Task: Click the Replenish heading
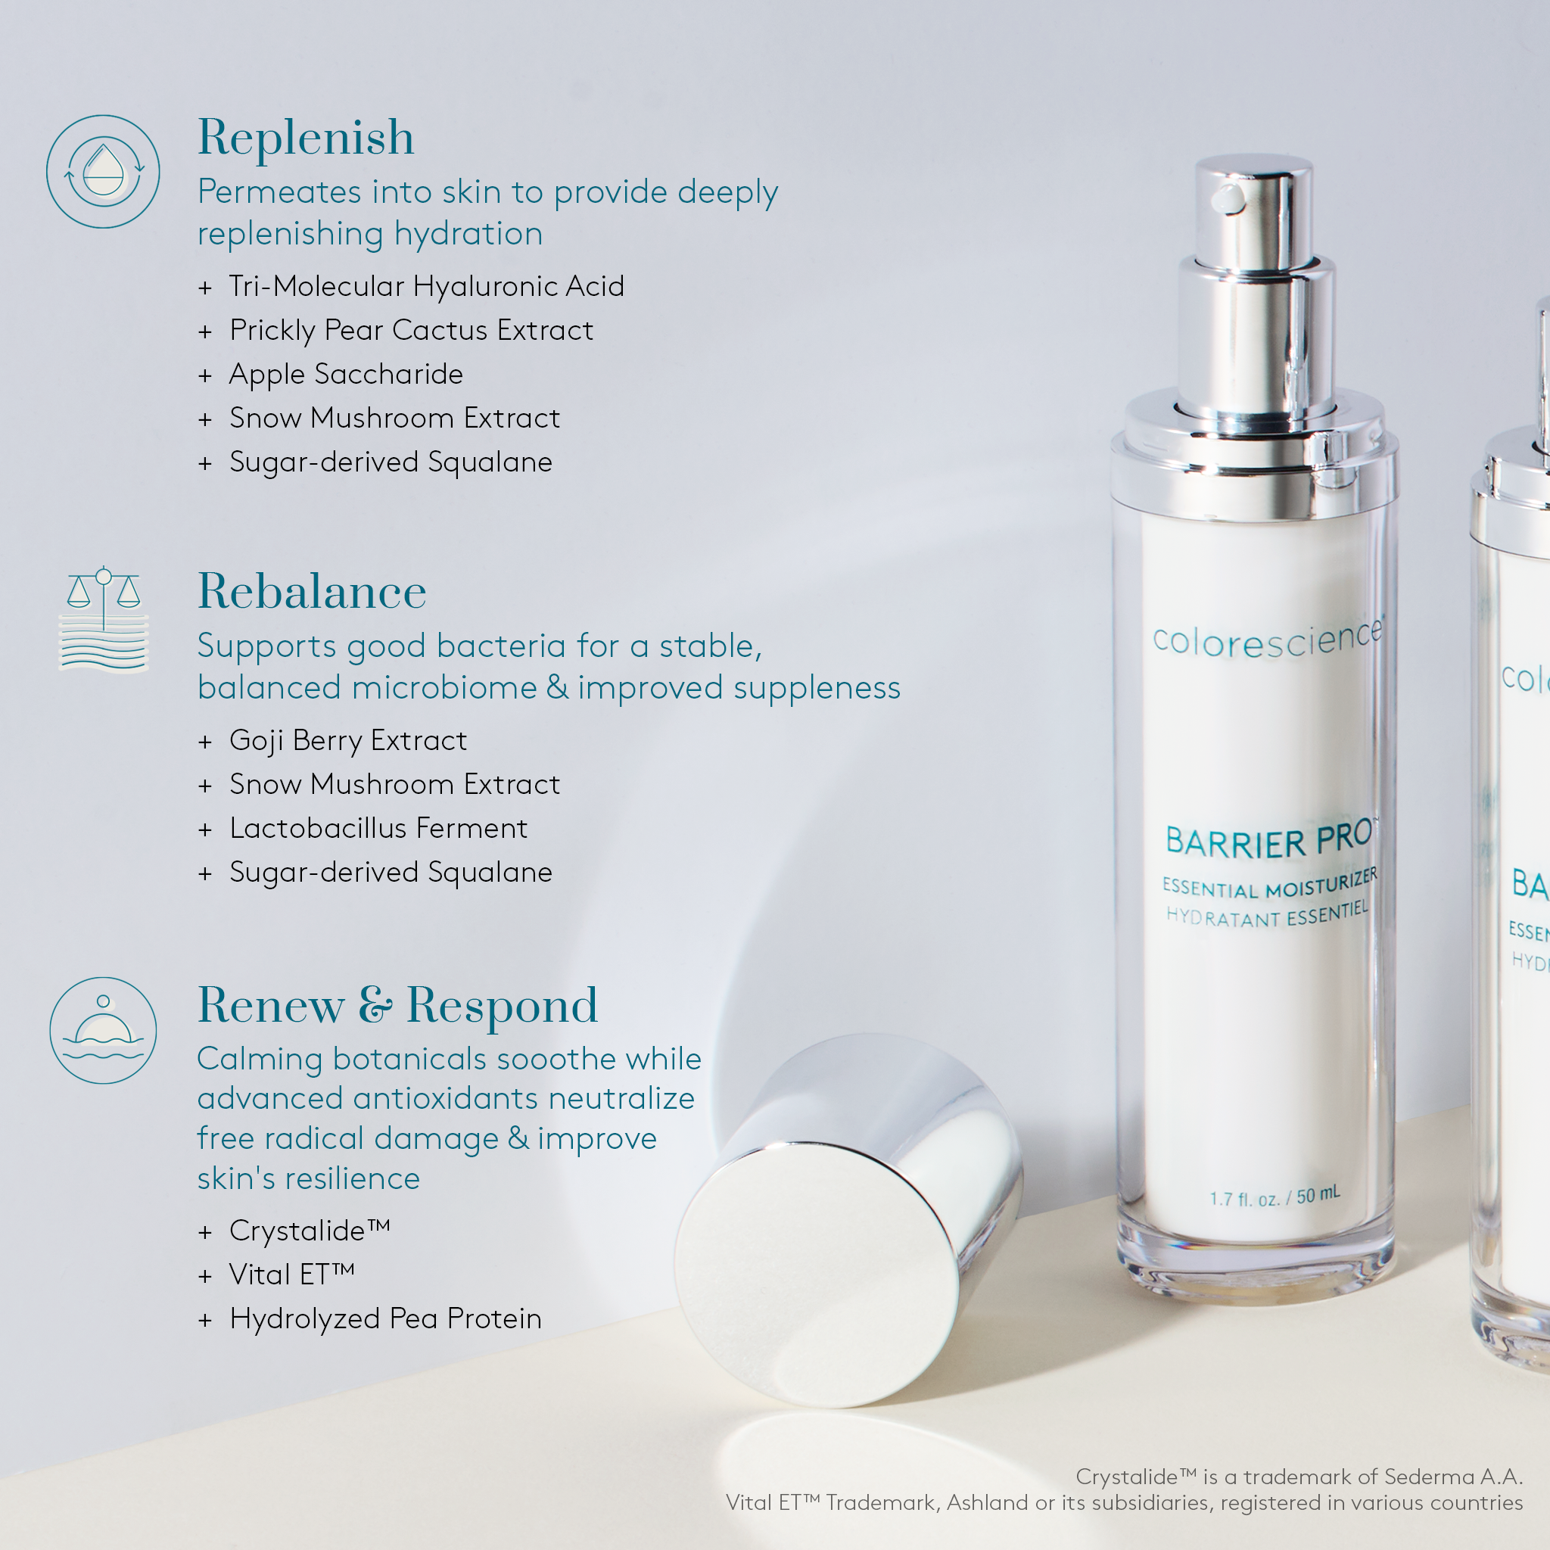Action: click(x=306, y=137)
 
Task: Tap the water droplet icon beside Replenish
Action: click(x=104, y=171)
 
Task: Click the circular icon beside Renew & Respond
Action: click(x=104, y=1030)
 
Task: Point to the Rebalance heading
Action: click(x=311, y=592)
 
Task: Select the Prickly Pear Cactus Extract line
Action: click(x=411, y=330)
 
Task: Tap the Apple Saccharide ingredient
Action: click(x=346, y=374)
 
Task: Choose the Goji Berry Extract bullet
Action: click(x=347, y=739)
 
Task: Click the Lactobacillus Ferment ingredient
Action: click(x=378, y=828)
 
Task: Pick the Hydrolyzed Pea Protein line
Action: click(x=385, y=1318)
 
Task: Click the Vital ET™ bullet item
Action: click(x=291, y=1274)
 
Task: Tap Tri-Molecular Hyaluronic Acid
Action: click(x=426, y=285)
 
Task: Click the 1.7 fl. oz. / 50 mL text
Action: click(x=1274, y=1198)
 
